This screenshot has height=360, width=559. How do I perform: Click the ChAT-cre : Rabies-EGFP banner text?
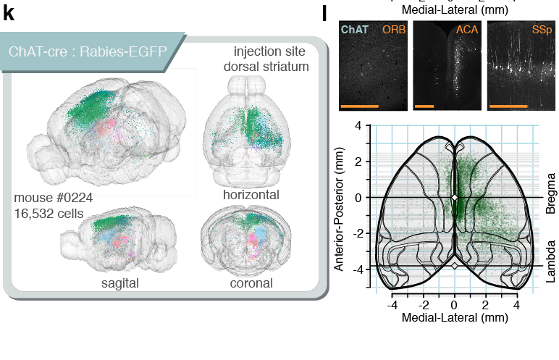coord(85,52)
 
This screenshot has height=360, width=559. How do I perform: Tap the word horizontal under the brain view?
coord(251,195)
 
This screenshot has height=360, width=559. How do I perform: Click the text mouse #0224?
coord(53,198)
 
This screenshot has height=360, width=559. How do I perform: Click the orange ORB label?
coord(395,29)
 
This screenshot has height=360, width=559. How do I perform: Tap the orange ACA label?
coord(467,29)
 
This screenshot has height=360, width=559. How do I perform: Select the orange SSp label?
coord(541,29)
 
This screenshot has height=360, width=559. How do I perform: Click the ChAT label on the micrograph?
coord(353,29)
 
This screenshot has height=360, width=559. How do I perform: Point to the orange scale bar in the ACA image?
coord(425,106)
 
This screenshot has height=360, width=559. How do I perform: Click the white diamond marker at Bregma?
coord(454,197)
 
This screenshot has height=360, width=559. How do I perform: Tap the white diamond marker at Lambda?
coord(454,266)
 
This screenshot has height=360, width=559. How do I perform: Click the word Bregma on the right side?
coord(551,192)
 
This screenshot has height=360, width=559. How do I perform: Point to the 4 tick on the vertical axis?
coord(358,126)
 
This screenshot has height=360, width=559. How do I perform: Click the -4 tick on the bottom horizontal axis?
coord(392,306)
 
